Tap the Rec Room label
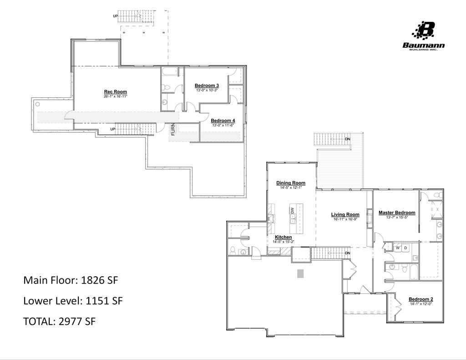[x=115, y=91]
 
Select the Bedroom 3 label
[x=207, y=86]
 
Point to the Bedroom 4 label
[x=223, y=121]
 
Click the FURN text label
[x=173, y=130]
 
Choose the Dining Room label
[x=291, y=183]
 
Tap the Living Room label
[x=345, y=214]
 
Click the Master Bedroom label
[x=397, y=213]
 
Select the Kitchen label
[x=283, y=237]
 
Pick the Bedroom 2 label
[x=421, y=299]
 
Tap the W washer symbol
[x=397, y=248]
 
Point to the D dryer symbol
[x=405, y=248]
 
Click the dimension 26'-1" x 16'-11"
[x=115, y=96]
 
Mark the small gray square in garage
[x=300, y=273]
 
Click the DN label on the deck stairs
[x=348, y=139]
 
